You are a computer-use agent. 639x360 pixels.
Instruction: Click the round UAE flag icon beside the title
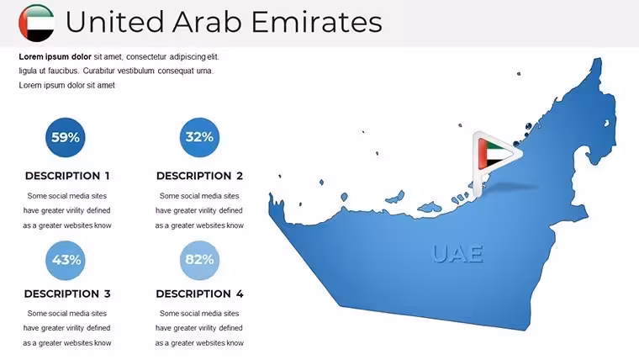(36, 23)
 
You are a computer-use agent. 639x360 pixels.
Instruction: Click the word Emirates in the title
(317, 22)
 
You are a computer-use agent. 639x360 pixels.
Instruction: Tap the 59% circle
(66, 137)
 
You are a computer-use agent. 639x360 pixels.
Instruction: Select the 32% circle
(199, 137)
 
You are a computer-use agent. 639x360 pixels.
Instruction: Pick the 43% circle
(66, 260)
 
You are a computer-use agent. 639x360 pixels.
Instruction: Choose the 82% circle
(199, 260)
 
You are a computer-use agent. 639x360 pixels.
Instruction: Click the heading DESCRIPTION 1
(67, 176)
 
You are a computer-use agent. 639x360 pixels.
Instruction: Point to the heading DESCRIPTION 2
(199, 176)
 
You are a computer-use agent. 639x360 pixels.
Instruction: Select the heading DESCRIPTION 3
(67, 294)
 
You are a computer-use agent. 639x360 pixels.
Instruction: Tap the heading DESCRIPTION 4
(199, 294)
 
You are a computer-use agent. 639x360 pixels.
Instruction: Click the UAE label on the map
(457, 254)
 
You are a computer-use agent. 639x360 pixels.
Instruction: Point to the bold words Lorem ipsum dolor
(55, 56)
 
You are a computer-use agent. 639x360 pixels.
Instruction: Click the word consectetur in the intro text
(146, 56)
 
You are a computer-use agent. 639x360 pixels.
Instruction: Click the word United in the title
(114, 22)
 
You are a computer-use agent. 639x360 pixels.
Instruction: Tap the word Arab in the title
(207, 22)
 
